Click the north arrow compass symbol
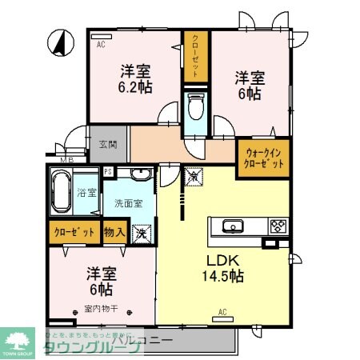(58, 44)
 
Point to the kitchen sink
(234, 226)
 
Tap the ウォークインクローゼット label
(263, 158)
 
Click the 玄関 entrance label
(108, 145)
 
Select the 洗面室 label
(128, 203)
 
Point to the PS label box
(109, 171)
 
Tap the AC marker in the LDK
(222, 312)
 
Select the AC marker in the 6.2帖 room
(101, 45)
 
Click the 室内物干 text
(97, 308)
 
